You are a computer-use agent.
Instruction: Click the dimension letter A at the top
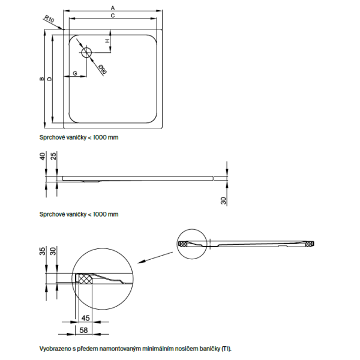coord(113,7)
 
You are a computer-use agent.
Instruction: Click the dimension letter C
coord(113,17)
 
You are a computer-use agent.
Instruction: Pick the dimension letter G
coord(74,73)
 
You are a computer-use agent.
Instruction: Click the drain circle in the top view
coord(85,51)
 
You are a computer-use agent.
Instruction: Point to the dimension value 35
coord(42,251)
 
